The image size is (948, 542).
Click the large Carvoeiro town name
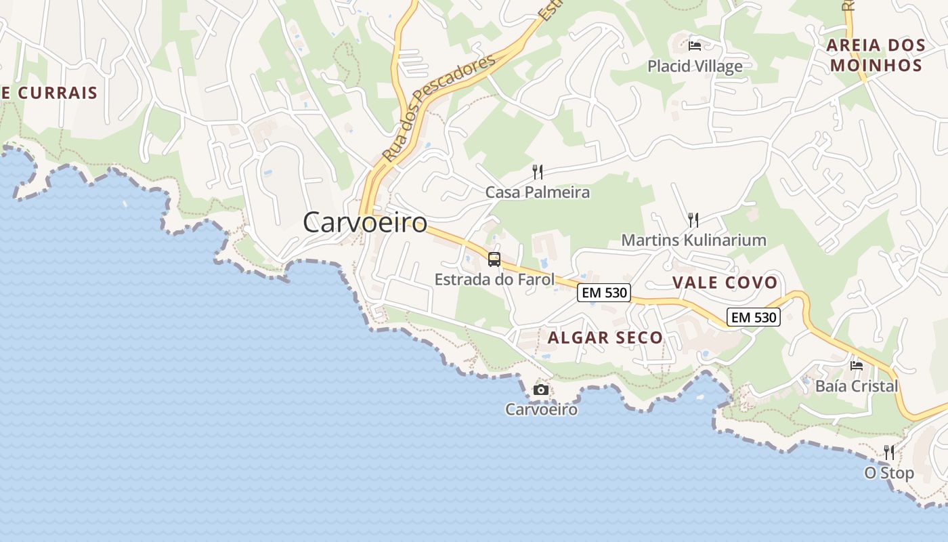pyautogui.click(x=365, y=222)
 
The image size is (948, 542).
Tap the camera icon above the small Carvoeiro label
pyautogui.click(x=540, y=390)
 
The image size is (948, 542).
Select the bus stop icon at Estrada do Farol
pyautogui.click(x=494, y=259)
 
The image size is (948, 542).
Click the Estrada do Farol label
pyautogui.click(x=494, y=279)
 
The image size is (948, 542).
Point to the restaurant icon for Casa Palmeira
pyautogui.click(x=538, y=171)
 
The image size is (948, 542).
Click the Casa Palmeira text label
pyautogui.click(x=538, y=192)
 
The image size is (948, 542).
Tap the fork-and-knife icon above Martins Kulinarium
pyautogui.click(x=693, y=220)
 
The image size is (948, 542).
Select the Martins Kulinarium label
pyautogui.click(x=693, y=240)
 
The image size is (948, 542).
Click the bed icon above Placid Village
pyautogui.click(x=695, y=46)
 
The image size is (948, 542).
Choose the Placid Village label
pyautogui.click(x=695, y=66)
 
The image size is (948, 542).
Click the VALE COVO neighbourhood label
pyautogui.click(x=725, y=283)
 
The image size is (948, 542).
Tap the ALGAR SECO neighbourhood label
pyautogui.click(x=605, y=337)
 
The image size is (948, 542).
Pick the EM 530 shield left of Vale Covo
pyautogui.click(x=604, y=293)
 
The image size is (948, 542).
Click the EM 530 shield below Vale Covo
pyautogui.click(x=754, y=316)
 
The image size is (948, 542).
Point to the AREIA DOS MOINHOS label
pyautogui.click(x=876, y=56)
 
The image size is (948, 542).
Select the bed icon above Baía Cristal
pyautogui.click(x=857, y=366)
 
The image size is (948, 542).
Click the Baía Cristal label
pyautogui.click(x=857, y=386)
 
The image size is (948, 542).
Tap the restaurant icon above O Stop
pyautogui.click(x=889, y=452)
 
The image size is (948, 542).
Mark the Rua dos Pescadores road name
pyautogui.click(x=438, y=108)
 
